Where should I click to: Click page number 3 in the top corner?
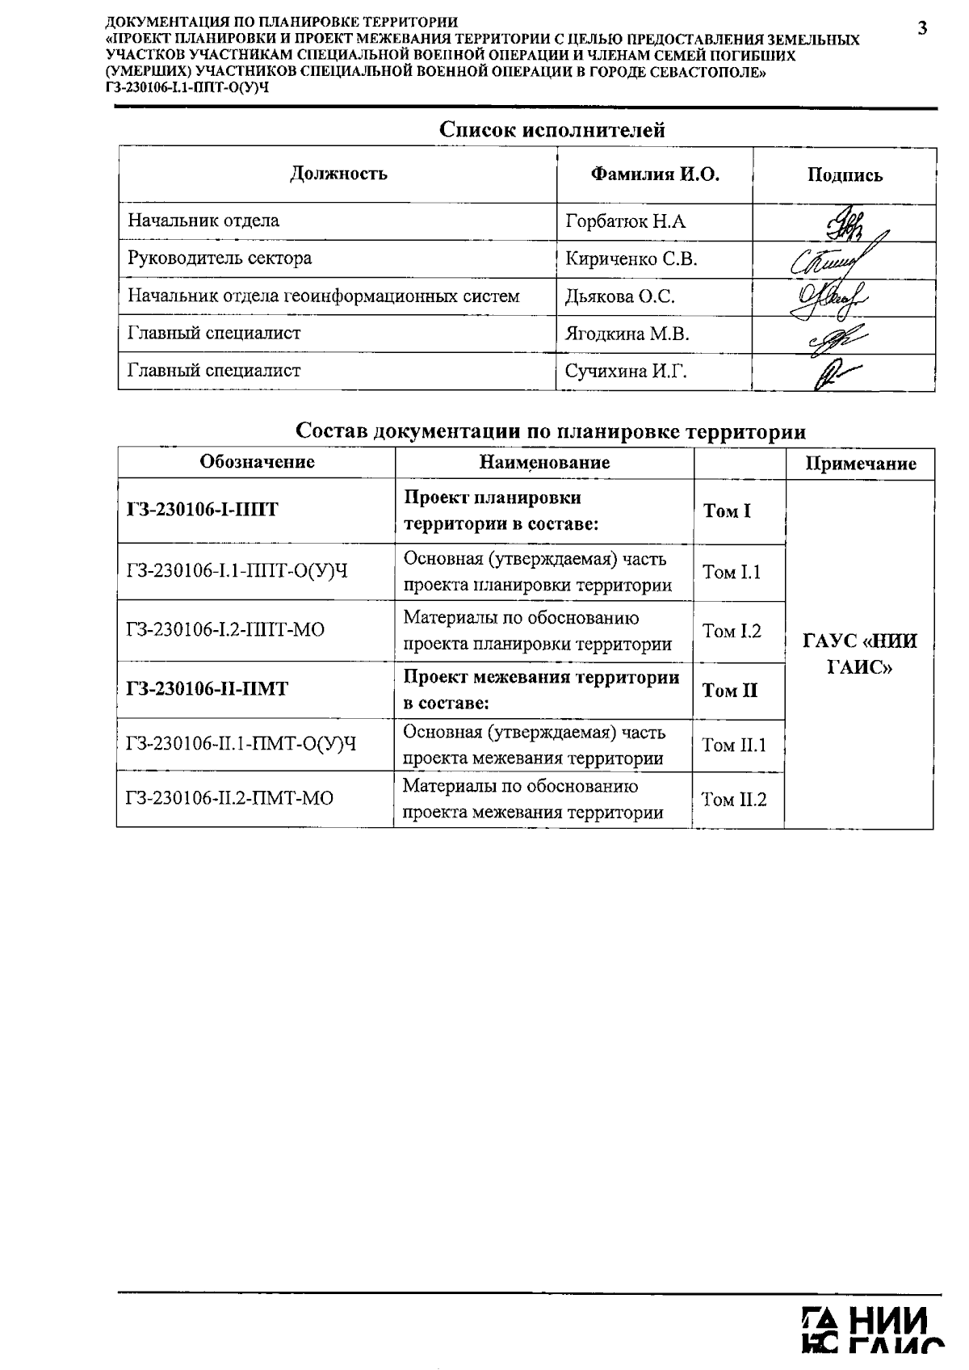pyautogui.click(x=922, y=29)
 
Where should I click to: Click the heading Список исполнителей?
pyautogui.click(x=552, y=129)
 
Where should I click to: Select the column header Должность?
pyautogui.click(x=338, y=174)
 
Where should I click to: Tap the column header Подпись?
pyautogui.click(x=845, y=175)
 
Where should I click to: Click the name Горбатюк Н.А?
pyautogui.click(x=626, y=221)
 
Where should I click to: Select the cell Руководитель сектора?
pyautogui.click(x=220, y=258)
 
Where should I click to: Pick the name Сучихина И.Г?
pyautogui.click(x=626, y=372)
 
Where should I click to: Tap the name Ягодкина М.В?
pyautogui.click(x=627, y=334)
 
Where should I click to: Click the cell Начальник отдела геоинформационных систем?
pyautogui.click(x=324, y=296)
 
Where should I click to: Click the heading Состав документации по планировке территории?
pyautogui.click(x=551, y=431)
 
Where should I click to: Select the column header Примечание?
pyautogui.click(x=861, y=464)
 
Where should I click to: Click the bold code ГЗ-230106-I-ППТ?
pyautogui.click(x=203, y=510)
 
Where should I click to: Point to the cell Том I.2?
pyautogui.click(x=732, y=632)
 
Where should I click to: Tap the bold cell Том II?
pyautogui.click(x=730, y=691)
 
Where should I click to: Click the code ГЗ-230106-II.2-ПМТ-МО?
pyautogui.click(x=230, y=799)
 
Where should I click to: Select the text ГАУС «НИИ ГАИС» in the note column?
pyautogui.click(x=861, y=654)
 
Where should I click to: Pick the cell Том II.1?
pyautogui.click(x=734, y=745)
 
